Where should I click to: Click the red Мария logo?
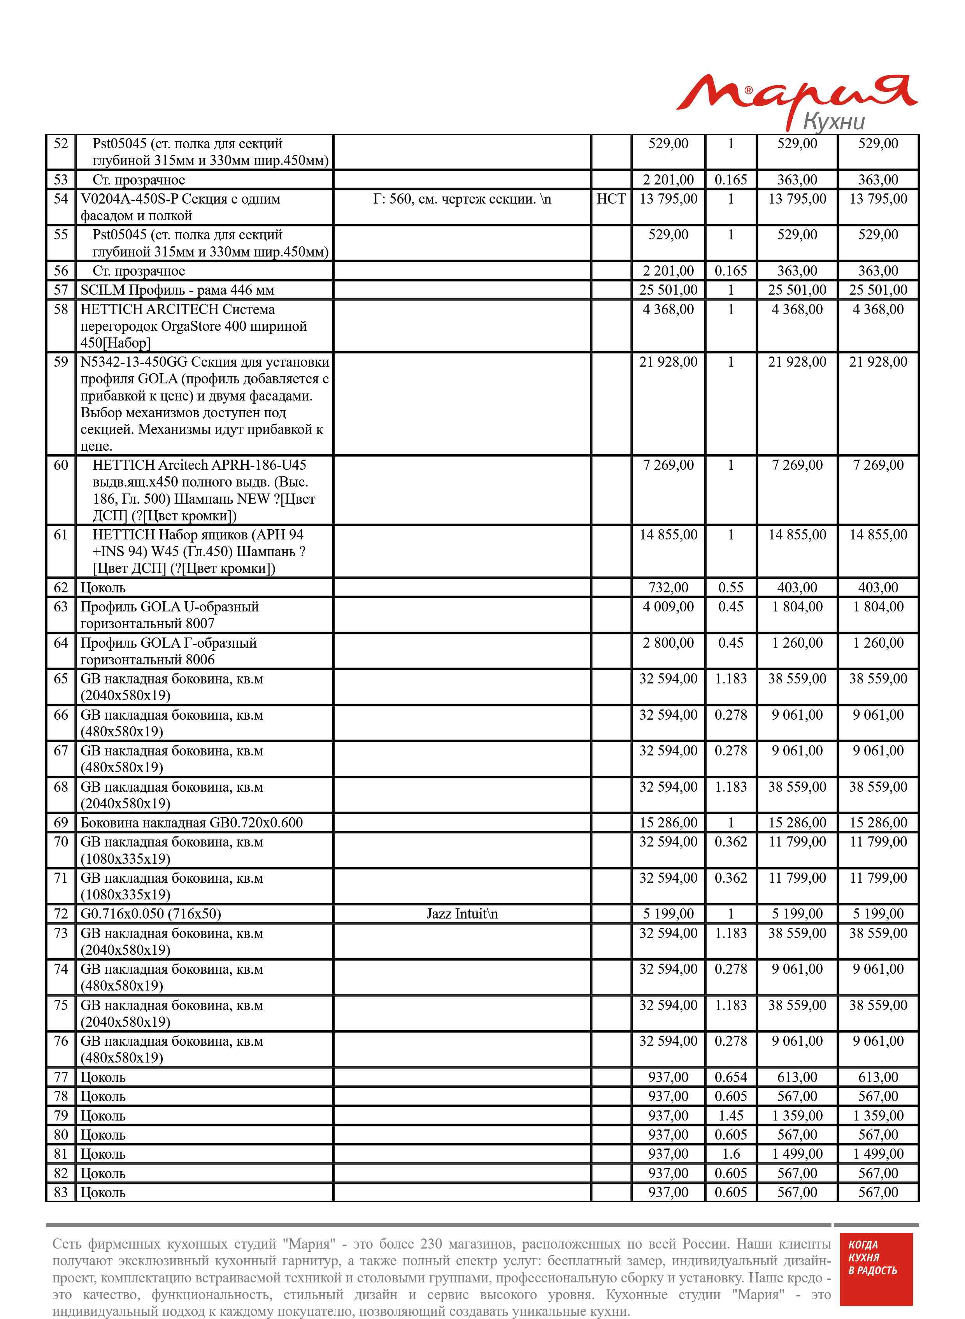797,97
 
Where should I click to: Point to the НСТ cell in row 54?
611,199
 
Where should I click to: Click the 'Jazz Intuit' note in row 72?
461,913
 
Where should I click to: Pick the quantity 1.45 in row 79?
730,1116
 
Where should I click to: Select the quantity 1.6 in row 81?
730,1154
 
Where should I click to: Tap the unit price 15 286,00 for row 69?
668,822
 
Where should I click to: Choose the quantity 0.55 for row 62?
730,588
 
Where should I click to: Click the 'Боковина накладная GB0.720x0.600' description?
191,822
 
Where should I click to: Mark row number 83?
61,1192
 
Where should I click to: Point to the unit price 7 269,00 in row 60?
668,465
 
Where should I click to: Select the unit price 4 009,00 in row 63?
668,607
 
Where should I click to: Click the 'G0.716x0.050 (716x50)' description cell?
151,913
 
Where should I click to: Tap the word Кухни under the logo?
833,121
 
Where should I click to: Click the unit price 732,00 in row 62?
668,588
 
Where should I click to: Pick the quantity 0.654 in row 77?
730,1077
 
